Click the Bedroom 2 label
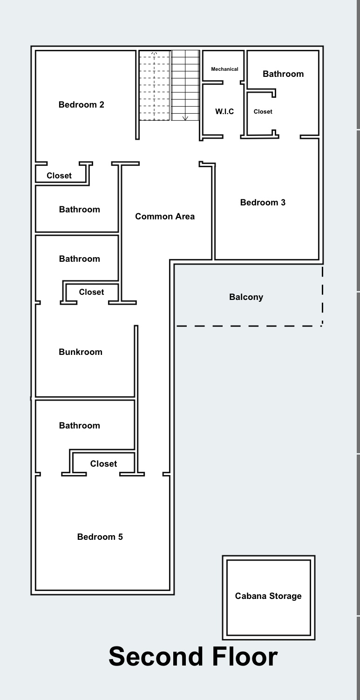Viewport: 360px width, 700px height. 82,105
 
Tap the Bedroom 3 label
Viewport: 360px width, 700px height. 263,203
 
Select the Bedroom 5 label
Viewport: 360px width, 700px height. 100,537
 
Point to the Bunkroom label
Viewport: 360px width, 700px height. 81,352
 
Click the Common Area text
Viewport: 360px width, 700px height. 165,217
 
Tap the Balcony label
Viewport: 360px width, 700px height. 246,297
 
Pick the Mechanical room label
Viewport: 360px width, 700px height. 224,69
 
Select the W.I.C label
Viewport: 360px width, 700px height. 224,112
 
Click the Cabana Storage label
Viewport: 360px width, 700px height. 268,596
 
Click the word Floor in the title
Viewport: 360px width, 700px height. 245,657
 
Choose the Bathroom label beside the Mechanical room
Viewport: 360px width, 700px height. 283,74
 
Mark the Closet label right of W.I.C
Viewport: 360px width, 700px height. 263,112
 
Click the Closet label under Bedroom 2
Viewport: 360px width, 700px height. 59,176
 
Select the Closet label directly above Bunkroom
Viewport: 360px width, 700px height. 91,292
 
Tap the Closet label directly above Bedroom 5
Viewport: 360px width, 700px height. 103,464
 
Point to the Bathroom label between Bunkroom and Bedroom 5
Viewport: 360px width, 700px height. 79,426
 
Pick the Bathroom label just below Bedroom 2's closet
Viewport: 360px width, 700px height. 79,210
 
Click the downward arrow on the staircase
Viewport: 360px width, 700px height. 185,118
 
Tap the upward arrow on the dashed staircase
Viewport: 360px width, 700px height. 155,53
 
